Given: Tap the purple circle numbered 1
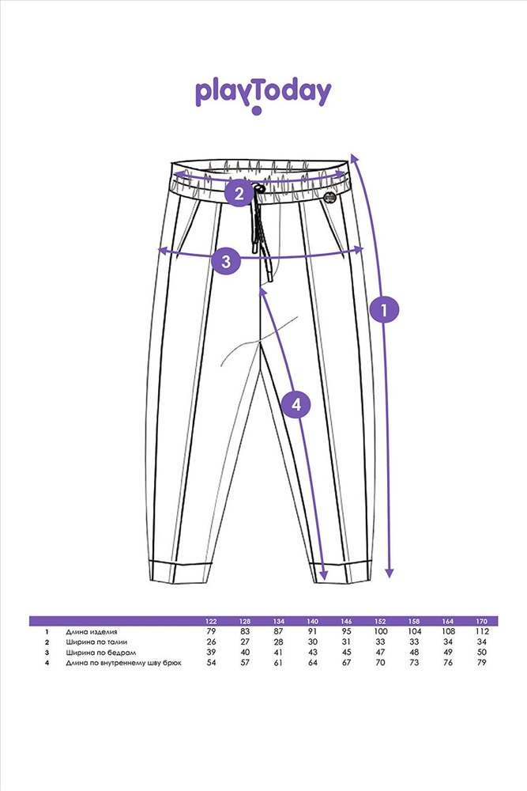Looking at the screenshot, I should [x=385, y=309].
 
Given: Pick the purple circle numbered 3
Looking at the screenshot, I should [x=227, y=260].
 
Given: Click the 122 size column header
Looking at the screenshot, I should [x=211, y=622].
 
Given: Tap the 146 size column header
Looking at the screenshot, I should [x=345, y=622].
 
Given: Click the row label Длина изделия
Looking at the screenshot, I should [x=92, y=632].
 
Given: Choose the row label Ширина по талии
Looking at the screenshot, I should [x=92, y=642].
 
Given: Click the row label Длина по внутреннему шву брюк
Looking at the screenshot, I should [x=124, y=663].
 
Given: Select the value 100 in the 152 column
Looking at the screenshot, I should [x=380, y=632].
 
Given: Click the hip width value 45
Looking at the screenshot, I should [x=345, y=653].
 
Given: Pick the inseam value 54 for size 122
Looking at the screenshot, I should [x=211, y=663].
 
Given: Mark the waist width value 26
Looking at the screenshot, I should [x=211, y=642].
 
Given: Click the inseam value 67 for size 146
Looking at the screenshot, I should [x=345, y=663].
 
